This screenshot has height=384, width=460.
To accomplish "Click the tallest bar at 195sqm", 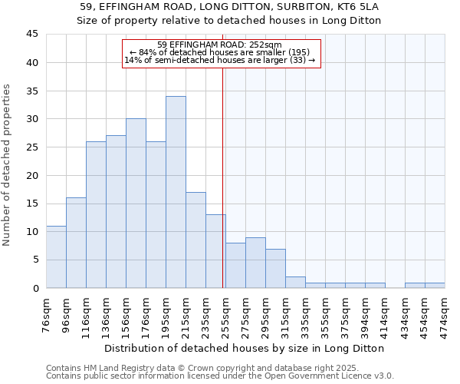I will click(176, 192).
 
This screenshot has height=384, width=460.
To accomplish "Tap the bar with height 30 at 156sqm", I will click(136, 204).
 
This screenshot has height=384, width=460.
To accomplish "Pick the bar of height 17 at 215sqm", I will click(195, 240).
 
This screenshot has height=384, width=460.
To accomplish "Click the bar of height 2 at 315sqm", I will click(295, 282).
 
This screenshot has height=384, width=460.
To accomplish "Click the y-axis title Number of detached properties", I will click(8, 165).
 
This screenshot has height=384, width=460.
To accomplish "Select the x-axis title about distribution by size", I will click(245, 348).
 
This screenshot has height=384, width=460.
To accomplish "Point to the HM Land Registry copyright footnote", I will click(219, 368).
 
